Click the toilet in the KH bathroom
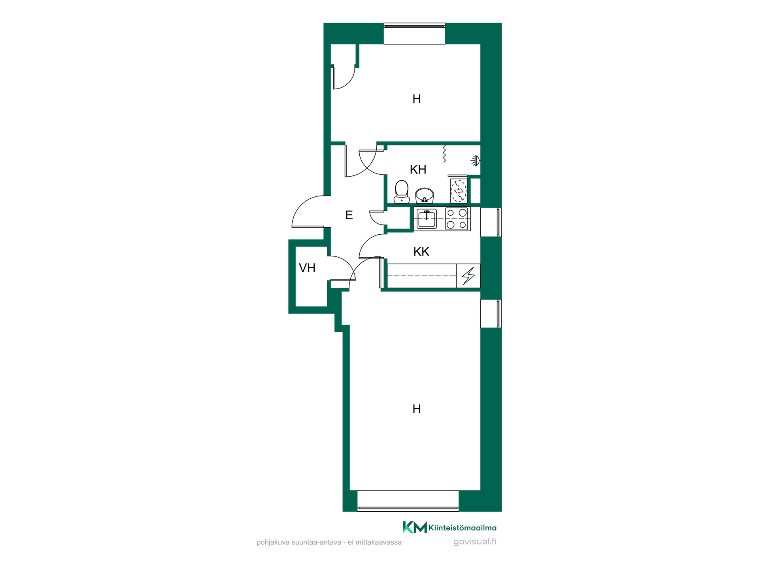pyautogui.click(x=402, y=192)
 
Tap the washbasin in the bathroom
pyautogui.click(x=425, y=195)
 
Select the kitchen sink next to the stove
pyautogui.click(x=427, y=219)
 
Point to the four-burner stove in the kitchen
pyautogui.click(x=457, y=219)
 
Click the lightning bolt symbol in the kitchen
pyautogui.click(x=468, y=275)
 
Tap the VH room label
pyautogui.click(x=307, y=268)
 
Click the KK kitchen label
pyautogui.click(x=421, y=252)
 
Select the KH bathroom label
pyautogui.click(x=418, y=170)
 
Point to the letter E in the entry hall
pyautogui.click(x=349, y=215)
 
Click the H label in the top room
pyautogui.click(x=417, y=99)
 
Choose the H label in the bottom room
pyautogui.click(x=417, y=409)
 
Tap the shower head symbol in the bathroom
pyautogui.click(x=476, y=160)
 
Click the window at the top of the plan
pyautogui.click(x=414, y=34)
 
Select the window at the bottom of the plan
pyautogui.click(x=408, y=501)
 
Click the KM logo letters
pyautogui.click(x=415, y=527)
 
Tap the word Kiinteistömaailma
pyautogui.click(x=463, y=528)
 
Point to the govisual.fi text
pyautogui.click(x=475, y=542)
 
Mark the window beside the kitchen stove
pyautogui.click(x=491, y=222)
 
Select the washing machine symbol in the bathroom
pyautogui.click(x=459, y=191)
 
